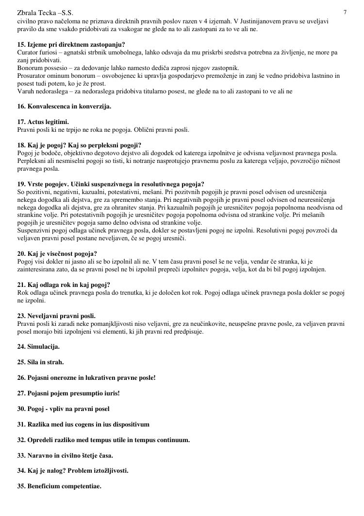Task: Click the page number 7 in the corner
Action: (345, 12)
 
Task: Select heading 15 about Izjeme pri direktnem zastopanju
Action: (71, 44)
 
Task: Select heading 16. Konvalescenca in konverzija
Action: (64, 107)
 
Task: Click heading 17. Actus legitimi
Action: (43, 122)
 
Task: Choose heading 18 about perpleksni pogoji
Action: (79, 145)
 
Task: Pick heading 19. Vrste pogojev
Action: (111, 184)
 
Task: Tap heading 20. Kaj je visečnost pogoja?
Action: (57, 254)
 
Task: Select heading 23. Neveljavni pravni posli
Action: (56, 316)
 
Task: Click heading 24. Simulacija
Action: (38, 347)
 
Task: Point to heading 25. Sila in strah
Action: (40, 362)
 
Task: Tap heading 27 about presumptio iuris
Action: (68, 393)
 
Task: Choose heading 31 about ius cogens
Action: (83, 424)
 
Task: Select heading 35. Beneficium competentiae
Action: (59, 486)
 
